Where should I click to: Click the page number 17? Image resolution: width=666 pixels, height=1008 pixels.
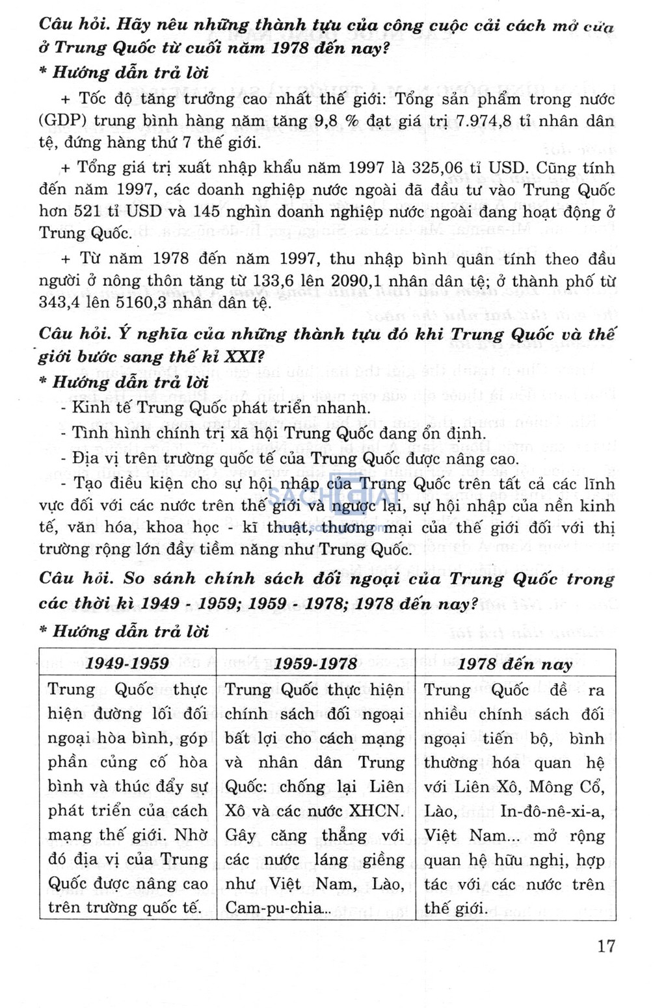[x=606, y=946]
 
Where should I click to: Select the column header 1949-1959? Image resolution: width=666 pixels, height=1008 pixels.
[x=127, y=664]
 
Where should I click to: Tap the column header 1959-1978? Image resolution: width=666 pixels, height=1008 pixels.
[x=315, y=664]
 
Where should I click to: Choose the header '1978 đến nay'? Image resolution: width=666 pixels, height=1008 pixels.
[x=514, y=664]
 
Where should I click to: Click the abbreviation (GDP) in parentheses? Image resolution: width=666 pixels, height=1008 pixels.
[x=62, y=121]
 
